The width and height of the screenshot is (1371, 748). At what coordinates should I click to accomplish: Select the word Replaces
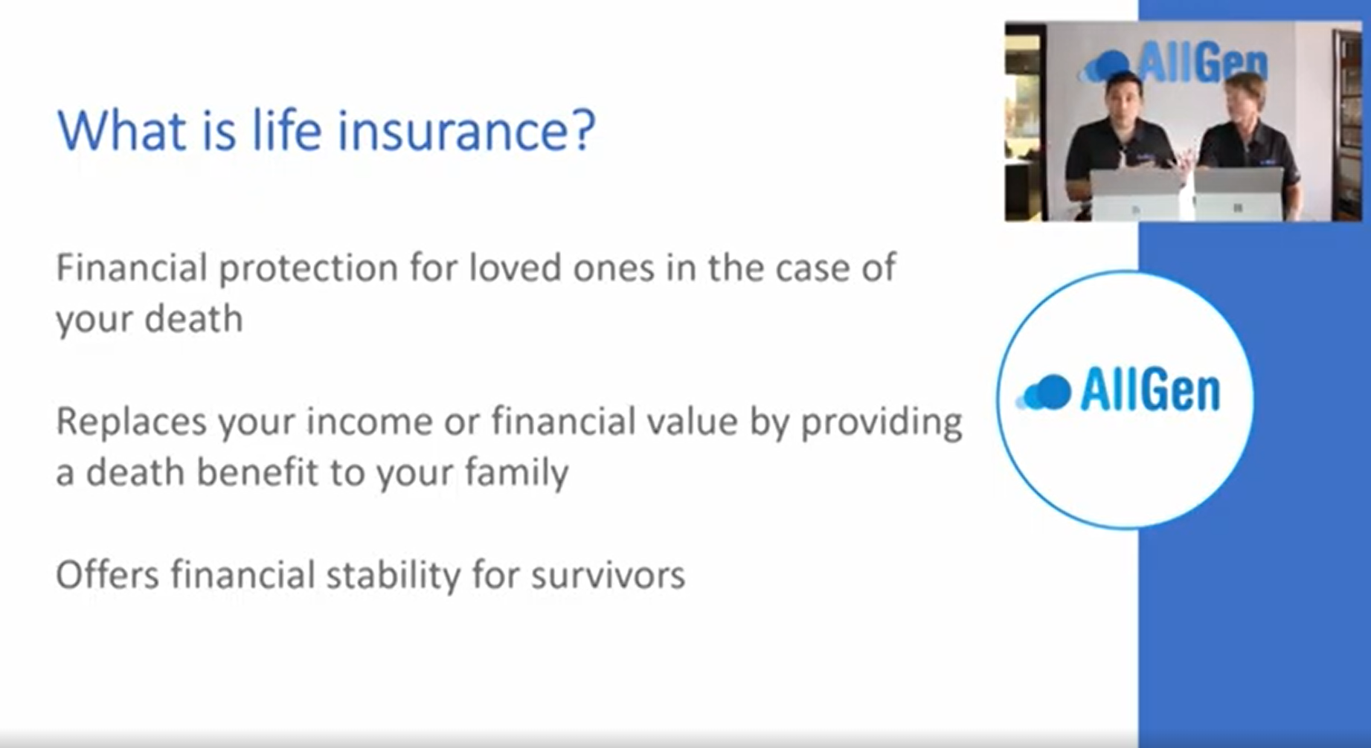(132, 422)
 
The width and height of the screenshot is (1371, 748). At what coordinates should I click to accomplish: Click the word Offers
(108, 575)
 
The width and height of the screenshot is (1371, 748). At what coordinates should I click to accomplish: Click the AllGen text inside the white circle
(1149, 391)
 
